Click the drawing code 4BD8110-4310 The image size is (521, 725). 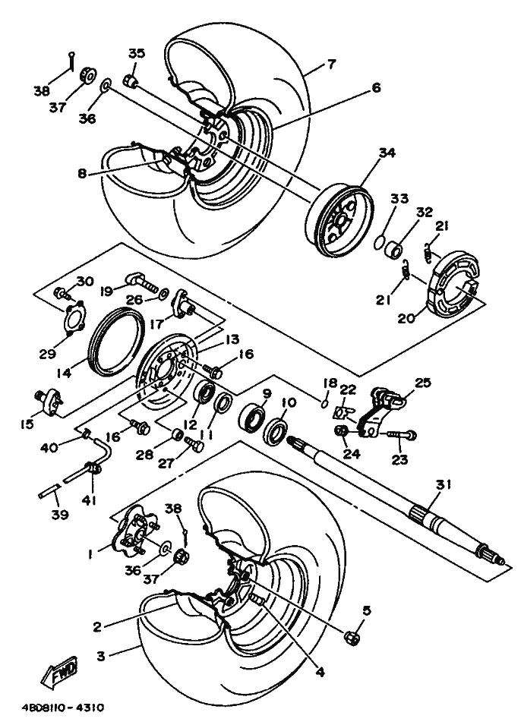click(x=63, y=708)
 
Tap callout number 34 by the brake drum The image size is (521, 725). click(x=387, y=153)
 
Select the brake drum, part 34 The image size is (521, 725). click(x=339, y=219)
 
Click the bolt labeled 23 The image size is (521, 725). click(x=401, y=436)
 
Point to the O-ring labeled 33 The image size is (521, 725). click(x=380, y=241)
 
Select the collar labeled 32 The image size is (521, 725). click(x=393, y=247)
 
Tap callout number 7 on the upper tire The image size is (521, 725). click(x=331, y=65)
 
